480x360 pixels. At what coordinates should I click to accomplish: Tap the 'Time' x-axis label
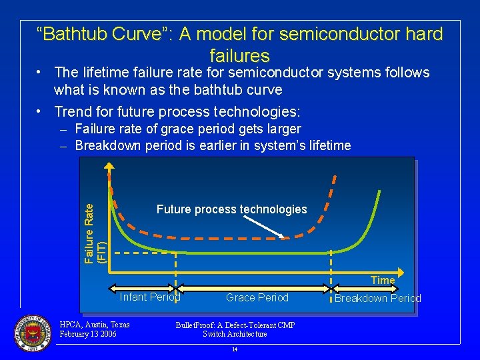383,280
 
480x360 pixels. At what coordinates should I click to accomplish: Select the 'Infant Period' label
149,297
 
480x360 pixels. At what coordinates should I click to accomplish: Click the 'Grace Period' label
257,297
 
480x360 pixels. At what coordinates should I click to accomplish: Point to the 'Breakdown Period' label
377,298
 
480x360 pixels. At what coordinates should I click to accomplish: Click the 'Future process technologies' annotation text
231,209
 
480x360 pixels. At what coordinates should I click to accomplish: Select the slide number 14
235,349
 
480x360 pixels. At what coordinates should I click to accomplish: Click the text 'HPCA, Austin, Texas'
94,325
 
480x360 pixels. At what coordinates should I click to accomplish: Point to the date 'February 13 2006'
88,334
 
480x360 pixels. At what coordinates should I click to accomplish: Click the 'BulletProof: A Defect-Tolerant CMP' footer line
235,325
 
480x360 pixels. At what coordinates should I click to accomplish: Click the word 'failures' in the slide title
239,55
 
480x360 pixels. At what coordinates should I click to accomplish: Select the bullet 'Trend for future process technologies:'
177,111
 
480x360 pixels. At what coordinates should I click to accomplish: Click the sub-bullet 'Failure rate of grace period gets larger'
188,129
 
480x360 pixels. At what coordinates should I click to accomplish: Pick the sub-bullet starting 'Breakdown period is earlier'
213,145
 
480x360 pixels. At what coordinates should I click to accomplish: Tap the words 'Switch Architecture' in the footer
235,334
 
